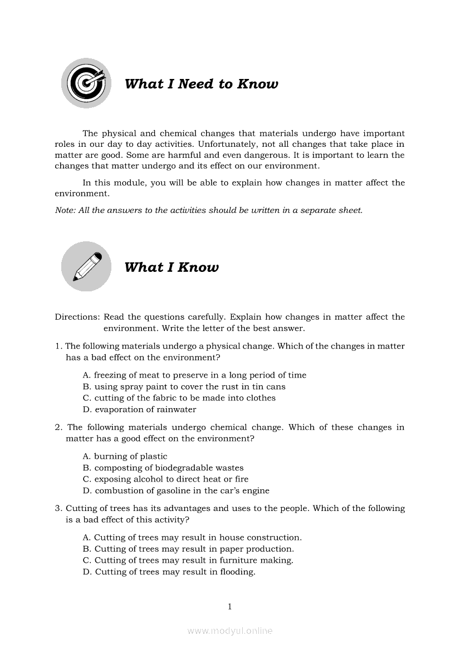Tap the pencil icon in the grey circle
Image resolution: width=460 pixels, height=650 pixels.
86,266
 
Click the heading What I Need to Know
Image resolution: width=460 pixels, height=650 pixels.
201,84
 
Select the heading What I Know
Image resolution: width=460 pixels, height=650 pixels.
172,267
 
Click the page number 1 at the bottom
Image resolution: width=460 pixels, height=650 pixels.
229,606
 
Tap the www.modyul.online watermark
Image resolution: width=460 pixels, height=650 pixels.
229,631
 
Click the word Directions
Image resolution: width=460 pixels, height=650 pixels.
77,317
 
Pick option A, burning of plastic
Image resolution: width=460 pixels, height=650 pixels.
125,456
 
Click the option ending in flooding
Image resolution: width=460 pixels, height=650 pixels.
169,572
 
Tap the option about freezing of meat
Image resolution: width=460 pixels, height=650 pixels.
194,375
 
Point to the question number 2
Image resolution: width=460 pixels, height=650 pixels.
57,427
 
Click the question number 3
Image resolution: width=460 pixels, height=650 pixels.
57,508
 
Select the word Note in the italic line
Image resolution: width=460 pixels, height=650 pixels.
65,210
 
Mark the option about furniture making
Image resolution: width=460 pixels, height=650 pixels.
188,560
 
